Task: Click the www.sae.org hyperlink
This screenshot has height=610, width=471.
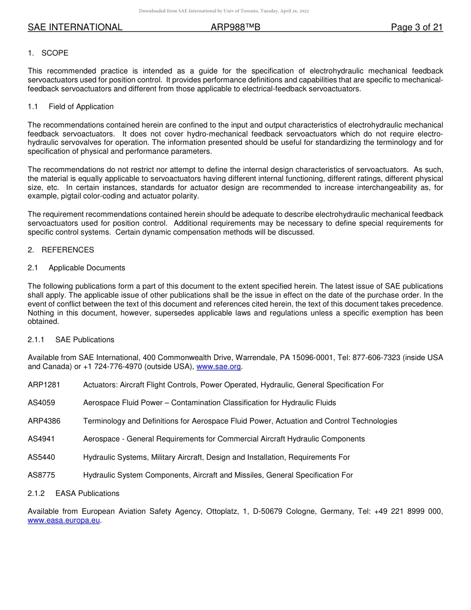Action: [219, 367]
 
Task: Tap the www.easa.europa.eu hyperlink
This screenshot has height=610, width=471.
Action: [64, 521]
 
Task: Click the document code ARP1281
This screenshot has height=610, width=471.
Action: [44, 385]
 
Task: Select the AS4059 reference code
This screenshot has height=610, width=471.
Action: [41, 403]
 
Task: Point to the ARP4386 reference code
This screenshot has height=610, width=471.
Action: [44, 421]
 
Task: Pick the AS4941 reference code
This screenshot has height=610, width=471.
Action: [41, 439]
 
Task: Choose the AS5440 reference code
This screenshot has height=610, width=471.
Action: [41, 457]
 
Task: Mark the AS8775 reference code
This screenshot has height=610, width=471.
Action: [41, 475]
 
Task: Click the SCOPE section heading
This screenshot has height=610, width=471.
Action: [55, 53]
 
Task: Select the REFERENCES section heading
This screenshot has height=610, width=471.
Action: [67, 250]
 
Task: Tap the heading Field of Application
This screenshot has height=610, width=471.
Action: [81, 107]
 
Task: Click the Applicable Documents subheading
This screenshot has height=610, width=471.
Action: [87, 268]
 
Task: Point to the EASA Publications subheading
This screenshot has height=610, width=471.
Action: [87, 493]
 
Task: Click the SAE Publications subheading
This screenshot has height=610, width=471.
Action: [85, 340]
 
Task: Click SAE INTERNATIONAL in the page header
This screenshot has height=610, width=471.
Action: [75, 27]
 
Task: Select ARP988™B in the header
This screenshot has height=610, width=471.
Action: [235, 27]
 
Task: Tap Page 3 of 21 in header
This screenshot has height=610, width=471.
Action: [416, 27]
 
